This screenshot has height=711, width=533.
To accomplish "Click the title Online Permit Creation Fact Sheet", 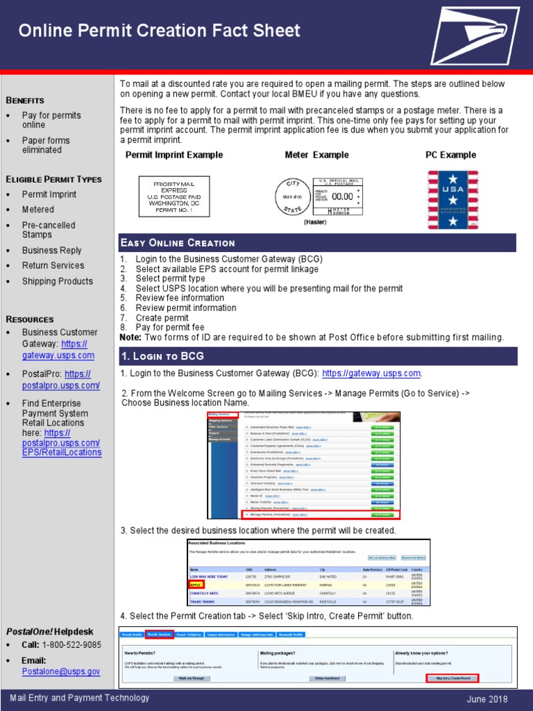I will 159,31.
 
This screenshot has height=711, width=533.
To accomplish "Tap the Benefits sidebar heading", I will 26,100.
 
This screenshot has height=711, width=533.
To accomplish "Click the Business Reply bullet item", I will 51,250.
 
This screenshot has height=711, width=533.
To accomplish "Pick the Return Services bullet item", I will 53,265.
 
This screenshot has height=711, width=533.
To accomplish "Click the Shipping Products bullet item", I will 57,281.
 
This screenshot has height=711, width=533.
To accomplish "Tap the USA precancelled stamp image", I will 452,201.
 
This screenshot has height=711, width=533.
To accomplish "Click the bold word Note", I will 130,337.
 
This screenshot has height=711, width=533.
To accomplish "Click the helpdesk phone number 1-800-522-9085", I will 71,644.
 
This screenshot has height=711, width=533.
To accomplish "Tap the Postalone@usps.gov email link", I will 61,671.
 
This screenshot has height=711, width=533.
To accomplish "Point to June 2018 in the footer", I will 487,699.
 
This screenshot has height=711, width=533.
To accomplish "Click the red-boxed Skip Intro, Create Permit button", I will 452,678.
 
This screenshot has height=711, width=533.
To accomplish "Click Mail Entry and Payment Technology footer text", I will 79,698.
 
